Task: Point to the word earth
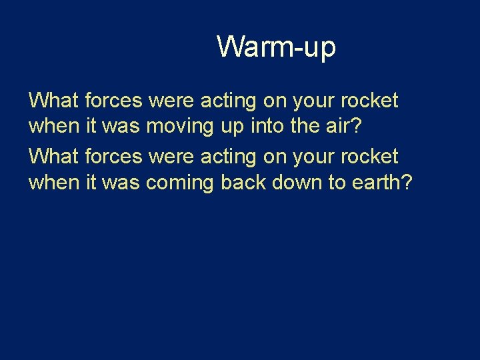pyautogui.click(x=381, y=183)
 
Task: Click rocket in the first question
pyautogui.click(x=369, y=101)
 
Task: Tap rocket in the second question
pyautogui.click(x=369, y=157)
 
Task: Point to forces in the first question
pyautogui.click(x=114, y=101)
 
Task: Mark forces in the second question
pyautogui.click(x=114, y=157)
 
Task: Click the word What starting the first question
pyautogui.click(x=54, y=101)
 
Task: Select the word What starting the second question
pyautogui.click(x=54, y=157)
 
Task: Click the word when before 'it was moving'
pyautogui.click(x=55, y=127)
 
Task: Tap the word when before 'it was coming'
pyautogui.click(x=55, y=183)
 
